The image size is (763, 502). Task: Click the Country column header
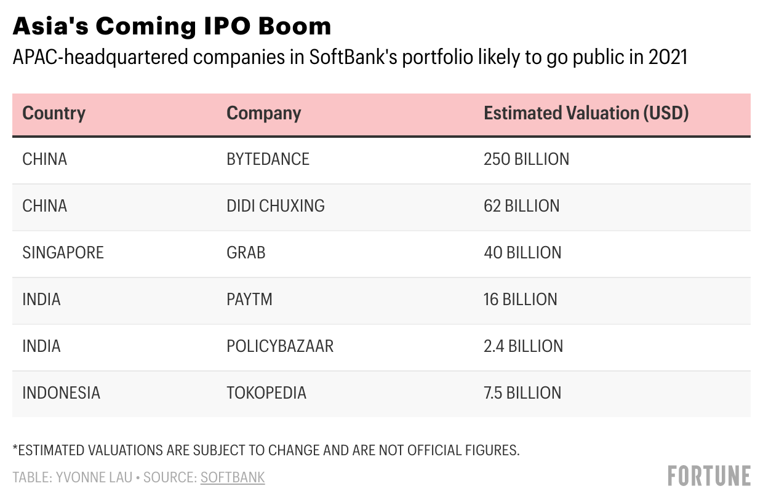tap(54, 113)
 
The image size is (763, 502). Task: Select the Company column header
tap(263, 113)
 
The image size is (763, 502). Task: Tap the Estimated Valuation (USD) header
tap(586, 113)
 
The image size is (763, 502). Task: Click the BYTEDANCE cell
tap(268, 159)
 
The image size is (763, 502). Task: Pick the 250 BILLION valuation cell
tap(526, 159)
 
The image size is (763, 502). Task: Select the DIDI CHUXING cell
tap(275, 205)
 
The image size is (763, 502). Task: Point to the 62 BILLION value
tap(521, 205)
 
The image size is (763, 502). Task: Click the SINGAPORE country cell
tap(63, 252)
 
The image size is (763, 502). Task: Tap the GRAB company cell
tap(246, 252)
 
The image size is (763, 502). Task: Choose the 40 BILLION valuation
tap(522, 252)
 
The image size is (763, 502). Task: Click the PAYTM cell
tap(249, 299)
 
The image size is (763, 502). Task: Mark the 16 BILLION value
tap(520, 299)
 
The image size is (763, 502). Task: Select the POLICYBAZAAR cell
tap(279, 346)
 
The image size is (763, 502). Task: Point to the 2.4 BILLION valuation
tap(523, 346)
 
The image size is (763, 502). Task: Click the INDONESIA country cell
tap(61, 392)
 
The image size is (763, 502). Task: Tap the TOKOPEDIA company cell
tap(266, 392)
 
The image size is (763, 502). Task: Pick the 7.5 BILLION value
tap(522, 392)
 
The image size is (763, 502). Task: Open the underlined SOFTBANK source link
tap(233, 477)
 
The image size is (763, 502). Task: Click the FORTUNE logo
tap(709, 476)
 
